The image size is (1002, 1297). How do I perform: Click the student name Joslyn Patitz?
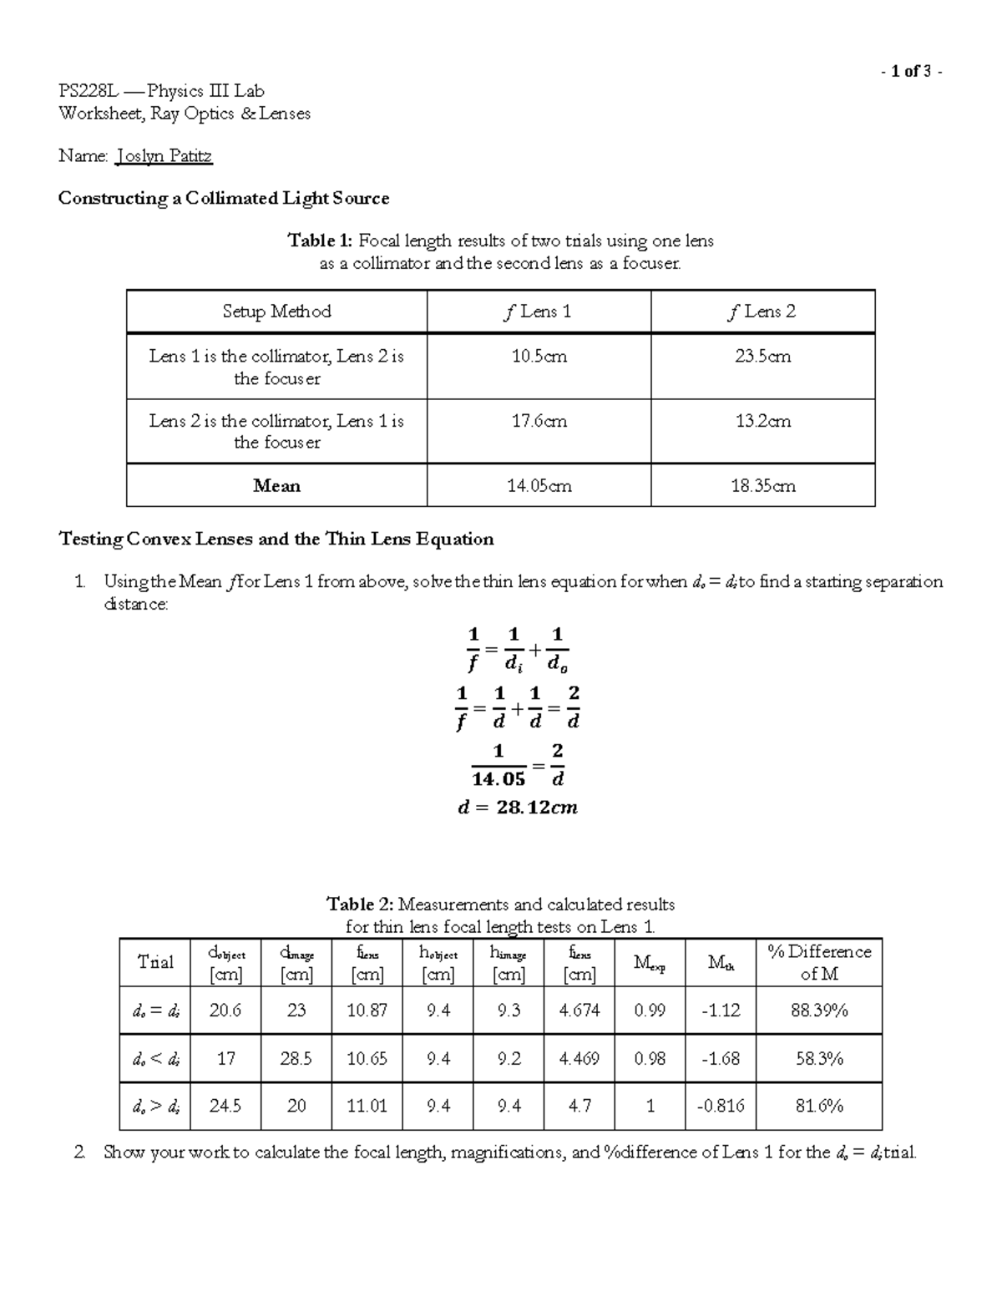click(164, 155)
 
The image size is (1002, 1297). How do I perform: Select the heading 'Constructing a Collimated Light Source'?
click(223, 198)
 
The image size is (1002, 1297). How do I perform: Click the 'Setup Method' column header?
click(276, 312)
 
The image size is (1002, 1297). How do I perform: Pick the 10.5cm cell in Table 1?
click(539, 357)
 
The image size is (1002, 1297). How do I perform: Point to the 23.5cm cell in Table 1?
click(762, 357)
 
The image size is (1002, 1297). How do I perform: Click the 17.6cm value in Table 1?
click(539, 422)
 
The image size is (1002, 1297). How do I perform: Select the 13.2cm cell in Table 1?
click(762, 422)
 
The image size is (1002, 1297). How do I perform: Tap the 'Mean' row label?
click(276, 485)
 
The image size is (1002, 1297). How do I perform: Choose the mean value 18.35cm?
click(762, 485)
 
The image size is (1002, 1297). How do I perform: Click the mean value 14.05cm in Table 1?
click(539, 485)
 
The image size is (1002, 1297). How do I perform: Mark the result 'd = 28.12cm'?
click(518, 808)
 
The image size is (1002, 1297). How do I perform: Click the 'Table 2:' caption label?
click(359, 904)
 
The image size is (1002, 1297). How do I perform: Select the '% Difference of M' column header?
click(818, 962)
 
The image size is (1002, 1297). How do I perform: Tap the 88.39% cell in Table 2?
click(818, 1011)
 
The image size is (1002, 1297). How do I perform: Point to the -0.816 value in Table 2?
click(720, 1106)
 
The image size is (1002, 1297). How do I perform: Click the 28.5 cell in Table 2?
click(296, 1059)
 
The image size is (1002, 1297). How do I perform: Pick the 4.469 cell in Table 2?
click(579, 1059)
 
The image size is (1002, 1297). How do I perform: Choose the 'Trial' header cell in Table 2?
click(155, 962)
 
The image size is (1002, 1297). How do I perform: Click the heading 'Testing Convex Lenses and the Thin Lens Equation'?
click(276, 539)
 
